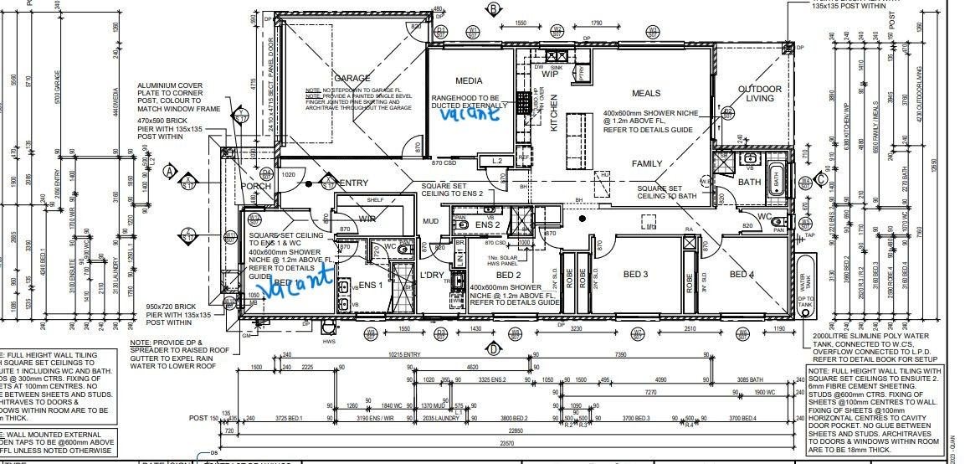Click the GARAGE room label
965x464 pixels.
click(352, 78)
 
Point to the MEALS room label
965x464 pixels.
click(646, 94)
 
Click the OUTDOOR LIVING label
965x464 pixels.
click(759, 94)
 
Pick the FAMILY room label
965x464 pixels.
click(647, 163)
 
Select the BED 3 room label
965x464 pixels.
click(635, 274)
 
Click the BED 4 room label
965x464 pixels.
click(742, 275)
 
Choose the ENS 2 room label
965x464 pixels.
click(488, 224)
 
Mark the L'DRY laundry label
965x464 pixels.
click(432, 275)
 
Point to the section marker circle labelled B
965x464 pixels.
click(494, 9)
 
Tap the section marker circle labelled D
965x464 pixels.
click(494, 348)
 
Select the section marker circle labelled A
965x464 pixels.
click(168, 172)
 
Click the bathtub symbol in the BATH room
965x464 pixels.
click(776, 178)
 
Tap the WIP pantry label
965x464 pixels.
click(549, 74)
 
